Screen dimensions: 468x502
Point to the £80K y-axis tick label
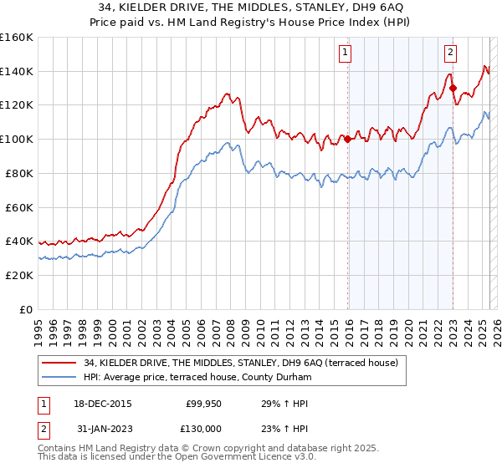click(x=19, y=173)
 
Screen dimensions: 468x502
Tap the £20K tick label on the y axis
click(x=19, y=275)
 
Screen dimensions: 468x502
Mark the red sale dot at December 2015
click(x=347, y=140)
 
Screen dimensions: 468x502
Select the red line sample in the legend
click(x=60, y=362)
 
